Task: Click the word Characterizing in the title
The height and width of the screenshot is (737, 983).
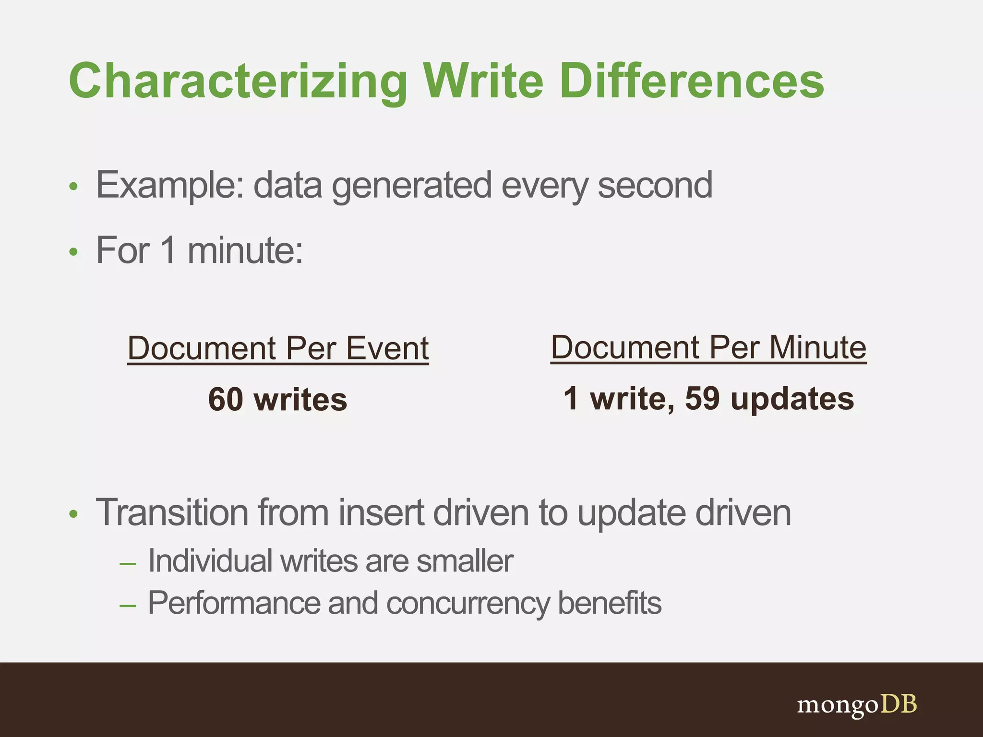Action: click(x=238, y=82)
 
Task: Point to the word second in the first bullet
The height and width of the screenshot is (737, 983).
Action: click(x=655, y=186)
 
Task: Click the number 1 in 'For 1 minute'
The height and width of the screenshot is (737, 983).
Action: click(x=168, y=250)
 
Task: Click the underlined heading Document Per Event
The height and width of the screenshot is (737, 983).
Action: click(x=278, y=348)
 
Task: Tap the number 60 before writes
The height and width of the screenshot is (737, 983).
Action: click(x=226, y=400)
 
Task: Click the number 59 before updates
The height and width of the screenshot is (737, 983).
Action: click(x=702, y=399)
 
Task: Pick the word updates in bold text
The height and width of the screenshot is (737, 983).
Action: click(x=792, y=400)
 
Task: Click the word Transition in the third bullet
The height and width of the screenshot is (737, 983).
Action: click(x=172, y=513)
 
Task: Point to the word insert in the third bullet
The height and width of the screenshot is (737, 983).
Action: click(x=381, y=513)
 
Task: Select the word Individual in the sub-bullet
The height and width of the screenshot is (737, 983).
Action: click(x=210, y=561)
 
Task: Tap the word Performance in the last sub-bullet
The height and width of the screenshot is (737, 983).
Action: click(x=233, y=603)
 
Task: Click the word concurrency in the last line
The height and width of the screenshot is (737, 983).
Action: click(x=467, y=604)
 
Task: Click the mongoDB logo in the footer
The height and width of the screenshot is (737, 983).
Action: click(x=857, y=705)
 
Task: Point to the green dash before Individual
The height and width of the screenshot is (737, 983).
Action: click(x=128, y=564)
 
